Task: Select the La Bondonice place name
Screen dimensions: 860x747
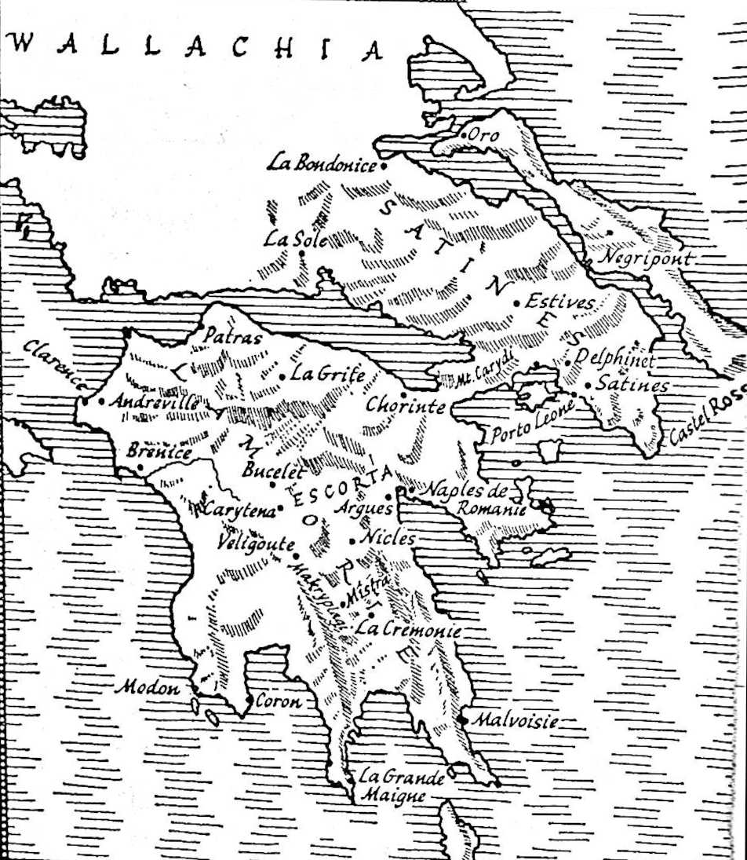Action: pyautogui.click(x=322, y=163)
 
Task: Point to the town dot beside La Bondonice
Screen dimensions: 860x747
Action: pyautogui.click(x=384, y=167)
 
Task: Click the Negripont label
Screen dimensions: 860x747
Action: pyautogui.click(x=646, y=258)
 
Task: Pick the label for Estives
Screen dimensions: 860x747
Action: pyautogui.click(x=559, y=302)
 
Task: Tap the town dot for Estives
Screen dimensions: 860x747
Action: pyautogui.click(x=517, y=303)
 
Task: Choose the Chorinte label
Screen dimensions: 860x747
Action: pyautogui.click(x=405, y=406)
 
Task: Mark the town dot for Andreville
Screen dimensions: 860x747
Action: pyautogui.click(x=102, y=402)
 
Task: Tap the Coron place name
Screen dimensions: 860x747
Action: pyautogui.click(x=279, y=701)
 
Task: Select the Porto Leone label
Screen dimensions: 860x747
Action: pyautogui.click(x=532, y=423)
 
